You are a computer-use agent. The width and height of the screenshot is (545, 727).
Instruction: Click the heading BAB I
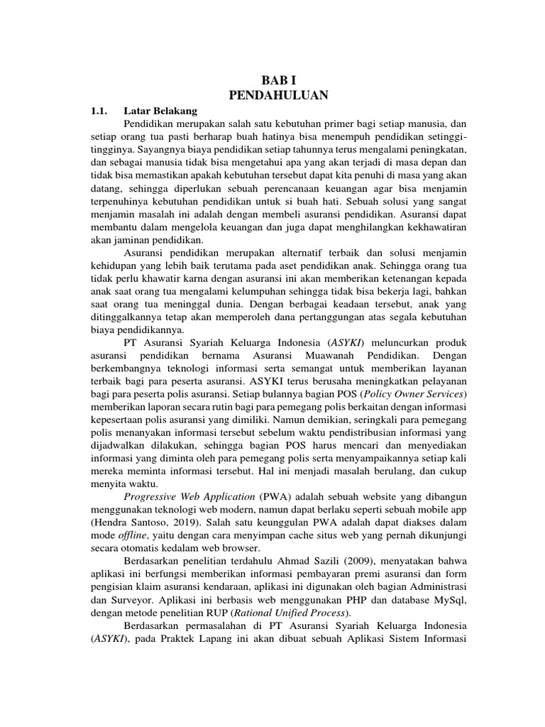pyautogui.click(x=272, y=82)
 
